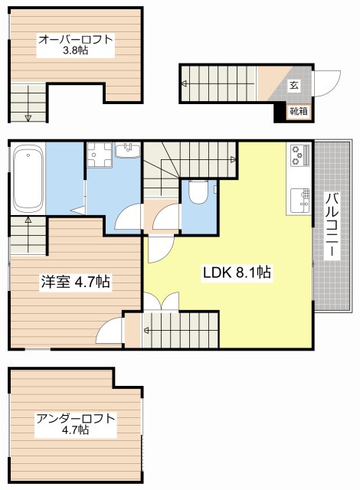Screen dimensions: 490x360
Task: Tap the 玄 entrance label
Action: tap(294, 86)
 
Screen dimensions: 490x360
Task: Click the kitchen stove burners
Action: tap(298, 156)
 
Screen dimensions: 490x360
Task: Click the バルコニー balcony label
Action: tap(332, 227)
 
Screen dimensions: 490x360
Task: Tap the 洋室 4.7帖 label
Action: tap(74, 282)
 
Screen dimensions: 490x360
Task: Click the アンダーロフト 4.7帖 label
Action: tap(75, 424)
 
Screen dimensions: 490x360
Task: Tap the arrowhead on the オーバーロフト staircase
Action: tap(28, 117)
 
